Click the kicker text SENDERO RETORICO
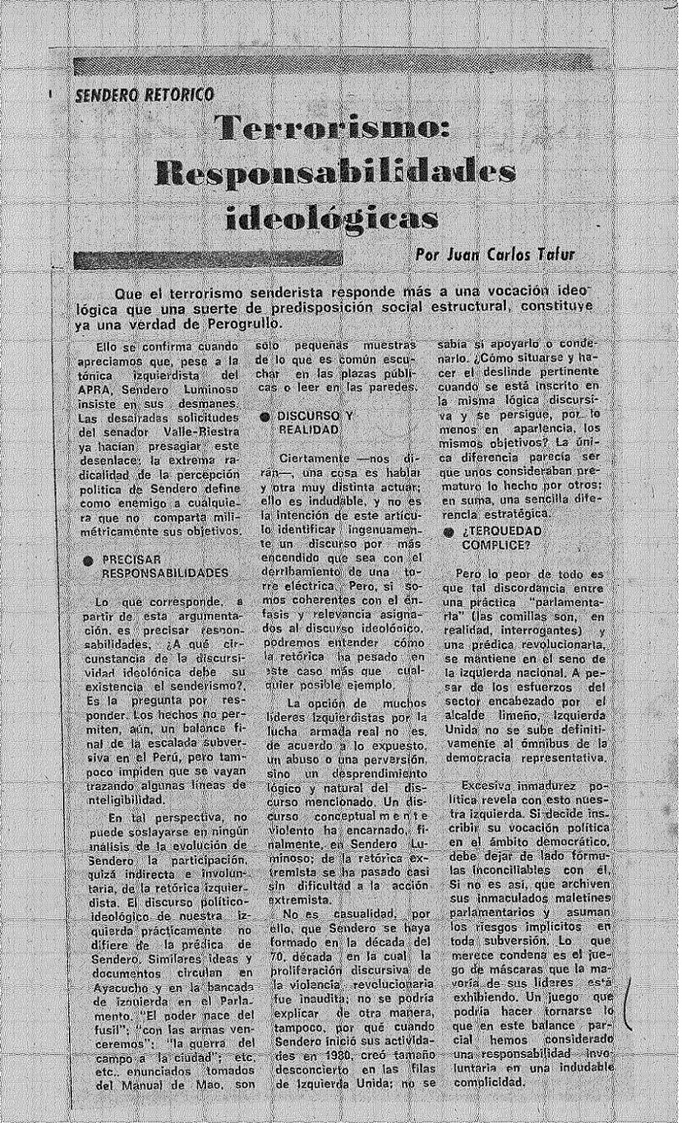(145, 95)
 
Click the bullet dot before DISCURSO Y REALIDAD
(264, 418)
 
